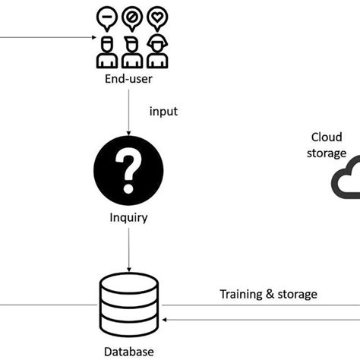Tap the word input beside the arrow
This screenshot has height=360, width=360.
click(163, 112)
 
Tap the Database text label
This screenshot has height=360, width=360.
click(129, 351)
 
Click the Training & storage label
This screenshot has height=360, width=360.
click(268, 294)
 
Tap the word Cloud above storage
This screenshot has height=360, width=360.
click(327, 137)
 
